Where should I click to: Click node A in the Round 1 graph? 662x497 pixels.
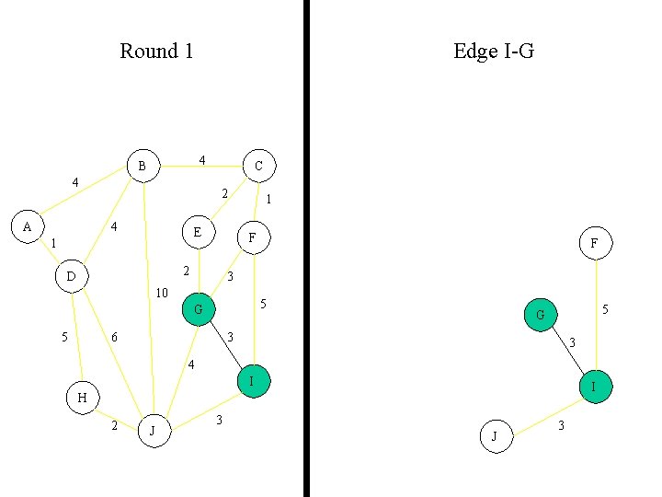28,226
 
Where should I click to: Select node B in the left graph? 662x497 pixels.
143,167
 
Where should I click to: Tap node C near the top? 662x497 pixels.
258,167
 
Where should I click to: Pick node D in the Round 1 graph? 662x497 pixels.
72,276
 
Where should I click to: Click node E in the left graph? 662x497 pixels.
198,233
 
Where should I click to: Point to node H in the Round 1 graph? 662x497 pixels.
82,398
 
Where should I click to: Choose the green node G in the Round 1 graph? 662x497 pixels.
199,310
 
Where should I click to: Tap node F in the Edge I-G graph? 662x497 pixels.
595,244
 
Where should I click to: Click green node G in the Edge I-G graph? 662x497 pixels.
541,316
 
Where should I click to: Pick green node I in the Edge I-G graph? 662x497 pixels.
595,387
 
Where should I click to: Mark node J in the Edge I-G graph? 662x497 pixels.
495,436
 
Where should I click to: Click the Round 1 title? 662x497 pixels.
156,51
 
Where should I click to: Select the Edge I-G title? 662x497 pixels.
494,51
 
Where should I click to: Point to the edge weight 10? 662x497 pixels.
162,294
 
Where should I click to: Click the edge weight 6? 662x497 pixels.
114,338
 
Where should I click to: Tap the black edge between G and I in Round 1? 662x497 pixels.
226,346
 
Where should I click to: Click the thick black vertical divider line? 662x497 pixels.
306,248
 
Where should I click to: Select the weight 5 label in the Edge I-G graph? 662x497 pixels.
605,310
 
